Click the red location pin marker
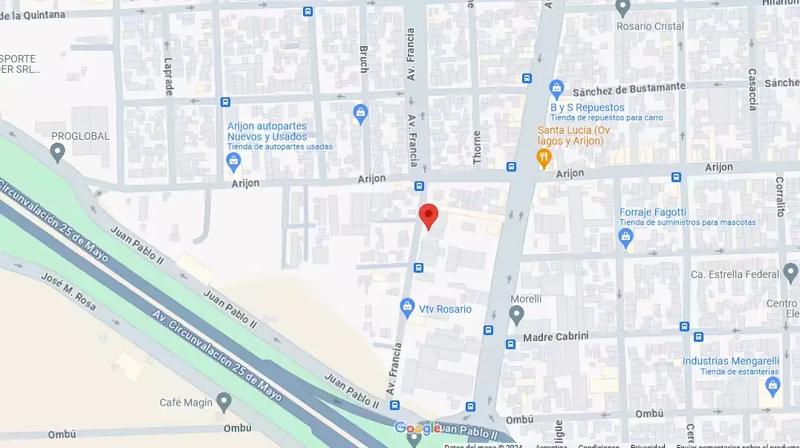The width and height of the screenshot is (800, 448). [x=429, y=215]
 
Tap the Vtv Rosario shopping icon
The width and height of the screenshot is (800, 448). [x=407, y=306]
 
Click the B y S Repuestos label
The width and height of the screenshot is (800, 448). [x=587, y=107]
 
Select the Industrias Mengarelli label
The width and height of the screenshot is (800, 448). [x=731, y=361]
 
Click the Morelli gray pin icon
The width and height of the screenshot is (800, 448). [x=517, y=316]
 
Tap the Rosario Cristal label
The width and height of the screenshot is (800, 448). [x=651, y=26]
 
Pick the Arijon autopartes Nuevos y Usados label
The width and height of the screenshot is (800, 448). [x=267, y=132]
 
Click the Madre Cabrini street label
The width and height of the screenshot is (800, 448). [x=556, y=337]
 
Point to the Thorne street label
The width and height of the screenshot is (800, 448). [x=476, y=146]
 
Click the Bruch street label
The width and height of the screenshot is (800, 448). [x=363, y=59]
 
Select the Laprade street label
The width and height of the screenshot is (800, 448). [x=168, y=77]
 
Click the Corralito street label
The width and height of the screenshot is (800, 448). [x=780, y=196]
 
